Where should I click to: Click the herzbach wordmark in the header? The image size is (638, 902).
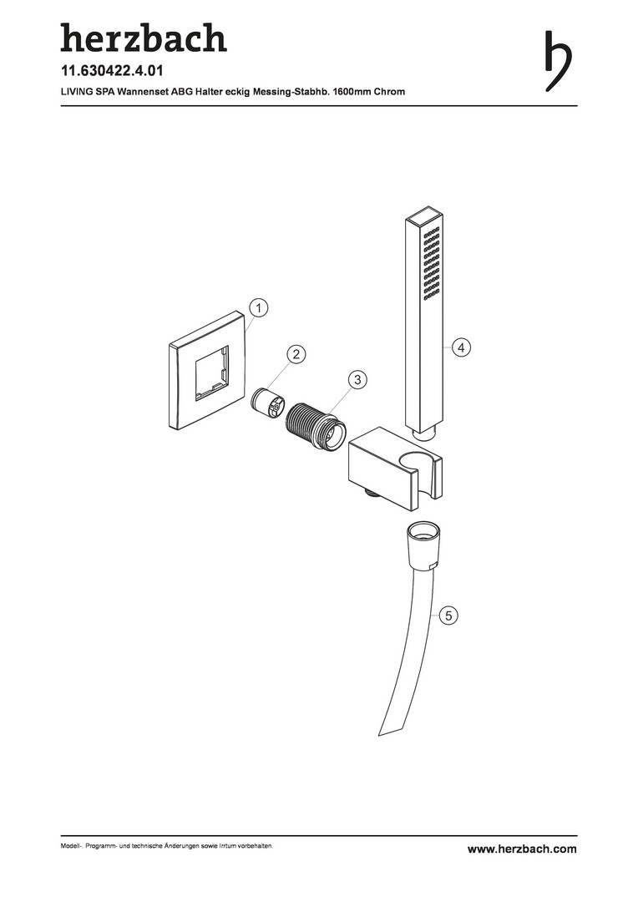pyautogui.click(x=144, y=38)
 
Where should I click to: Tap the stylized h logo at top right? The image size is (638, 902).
pyautogui.click(x=558, y=60)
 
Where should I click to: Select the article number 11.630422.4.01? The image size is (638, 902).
pyautogui.click(x=112, y=71)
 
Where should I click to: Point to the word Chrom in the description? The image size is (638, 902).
pyautogui.click(x=389, y=92)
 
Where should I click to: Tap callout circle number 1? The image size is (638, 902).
pyautogui.click(x=259, y=308)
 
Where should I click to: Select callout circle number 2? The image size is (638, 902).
pyautogui.click(x=296, y=354)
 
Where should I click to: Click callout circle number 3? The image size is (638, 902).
pyautogui.click(x=358, y=380)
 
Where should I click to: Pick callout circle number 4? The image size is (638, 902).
pyautogui.click(x=462, y=347)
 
